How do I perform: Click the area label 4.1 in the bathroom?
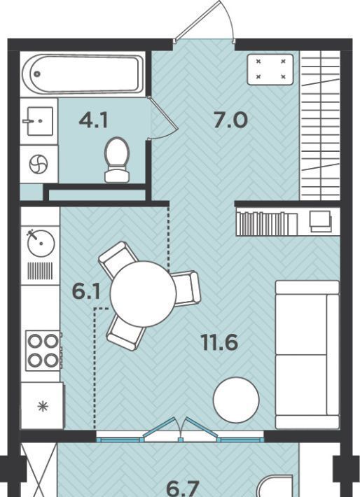coord(94,121)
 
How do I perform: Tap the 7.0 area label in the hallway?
coord(230,120)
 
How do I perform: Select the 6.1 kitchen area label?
coord(86,292)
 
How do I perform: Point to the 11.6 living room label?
coord(219,342)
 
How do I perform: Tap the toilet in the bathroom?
coord(117,160)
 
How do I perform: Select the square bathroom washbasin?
coord(39,121)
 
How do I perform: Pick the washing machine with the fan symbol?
coord(39,164)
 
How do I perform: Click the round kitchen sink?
coord(41,244)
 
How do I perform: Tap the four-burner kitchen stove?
coord(43,351)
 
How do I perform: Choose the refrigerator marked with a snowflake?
coord(42,406)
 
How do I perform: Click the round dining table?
coord(143,294)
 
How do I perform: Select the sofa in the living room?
coord(307,355)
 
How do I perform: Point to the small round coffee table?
coord(236,400)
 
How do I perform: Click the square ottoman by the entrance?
coord(270,69)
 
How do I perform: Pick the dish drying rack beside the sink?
coord(40,271)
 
